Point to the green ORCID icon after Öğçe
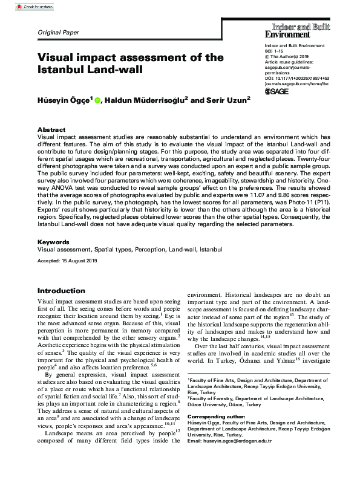[98, 100]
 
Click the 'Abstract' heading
[51, 130]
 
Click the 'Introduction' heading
[61, 291]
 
